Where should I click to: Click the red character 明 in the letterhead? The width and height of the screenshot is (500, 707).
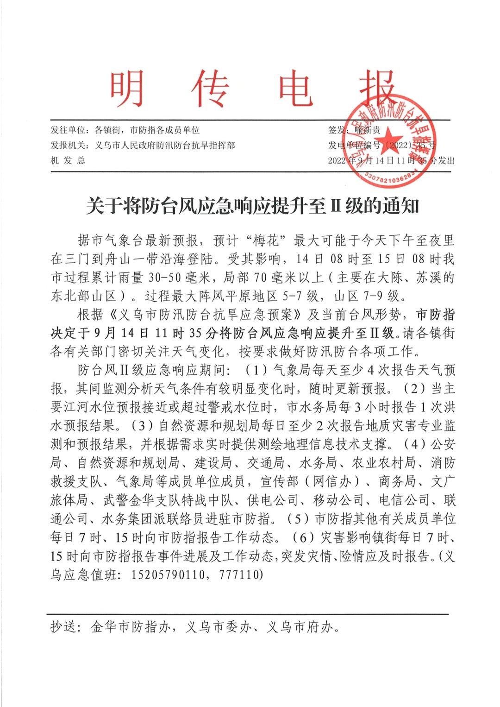(126, 89)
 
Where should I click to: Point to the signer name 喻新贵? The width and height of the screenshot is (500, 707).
(368, 130)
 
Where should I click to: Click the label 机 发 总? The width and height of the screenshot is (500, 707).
(68, 161)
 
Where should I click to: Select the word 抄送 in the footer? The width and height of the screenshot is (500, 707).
(64, 627)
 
